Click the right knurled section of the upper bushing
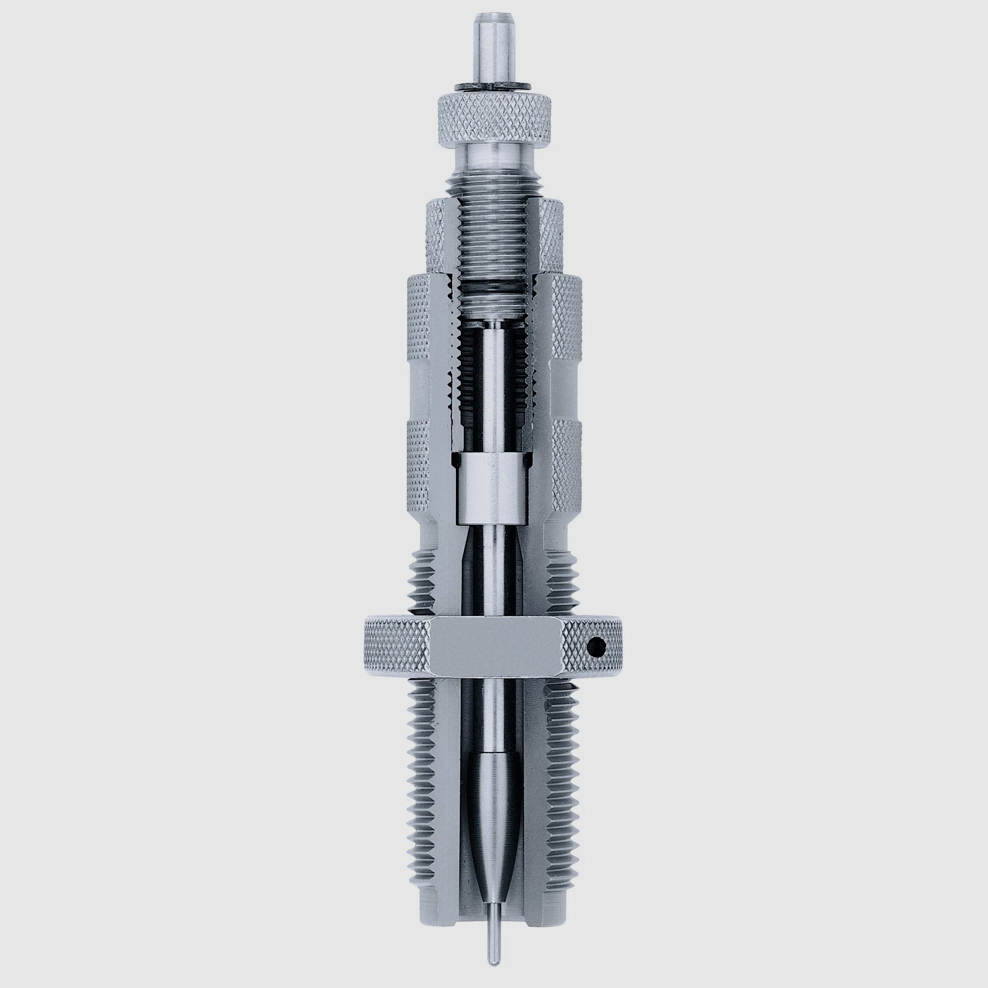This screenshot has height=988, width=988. click(552, 235)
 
